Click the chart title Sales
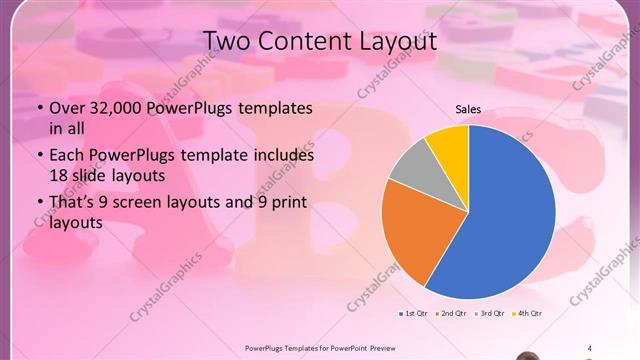click(x=468, y=108)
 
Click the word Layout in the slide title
click(x=391, y=41)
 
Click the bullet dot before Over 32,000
click(x=39, y=109)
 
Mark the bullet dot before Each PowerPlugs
click(x=39, y=156)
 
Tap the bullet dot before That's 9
click(x=39, y=204)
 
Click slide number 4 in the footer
click(x=589, y=348)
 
